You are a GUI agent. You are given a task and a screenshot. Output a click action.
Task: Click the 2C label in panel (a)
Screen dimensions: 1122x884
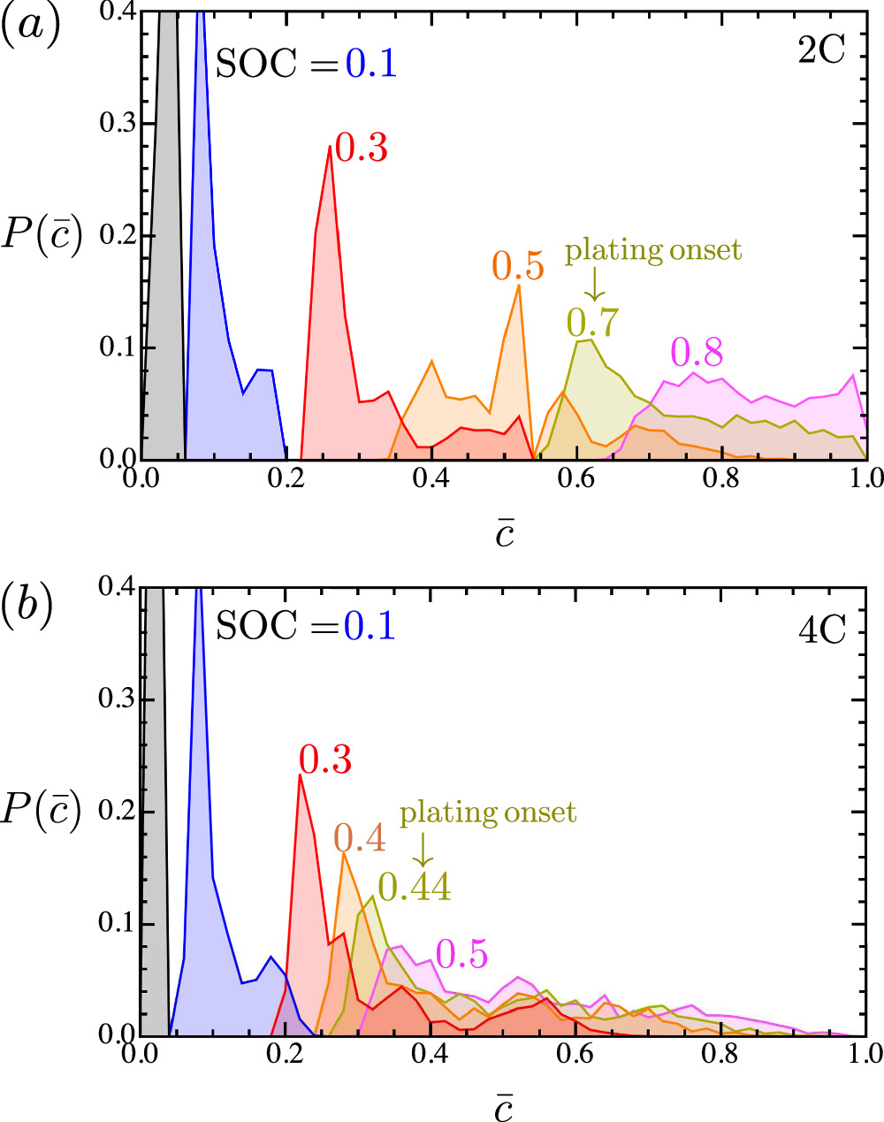[821, 51]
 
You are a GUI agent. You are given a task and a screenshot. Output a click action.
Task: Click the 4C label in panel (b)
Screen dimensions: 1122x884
[821, 630]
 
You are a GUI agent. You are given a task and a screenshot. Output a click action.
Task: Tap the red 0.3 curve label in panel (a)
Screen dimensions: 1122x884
[362, 149]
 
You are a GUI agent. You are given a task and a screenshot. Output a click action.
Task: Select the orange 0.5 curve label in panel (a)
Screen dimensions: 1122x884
[518, 266]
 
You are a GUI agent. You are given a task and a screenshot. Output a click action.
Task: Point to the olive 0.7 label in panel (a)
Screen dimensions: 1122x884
[593, 322]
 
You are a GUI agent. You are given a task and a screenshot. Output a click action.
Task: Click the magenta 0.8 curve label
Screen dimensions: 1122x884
[697, 353]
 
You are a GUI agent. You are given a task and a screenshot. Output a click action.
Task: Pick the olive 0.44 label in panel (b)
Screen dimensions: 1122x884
[415, 886]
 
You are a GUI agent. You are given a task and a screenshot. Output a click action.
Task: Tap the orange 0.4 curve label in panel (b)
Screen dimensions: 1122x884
[360, 838]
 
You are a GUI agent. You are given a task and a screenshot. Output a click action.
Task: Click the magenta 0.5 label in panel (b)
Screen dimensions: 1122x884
[461, 954]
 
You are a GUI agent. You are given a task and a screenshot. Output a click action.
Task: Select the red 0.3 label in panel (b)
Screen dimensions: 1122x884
[325, 759]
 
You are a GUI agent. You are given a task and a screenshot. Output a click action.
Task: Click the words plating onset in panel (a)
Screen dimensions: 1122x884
[653, 251]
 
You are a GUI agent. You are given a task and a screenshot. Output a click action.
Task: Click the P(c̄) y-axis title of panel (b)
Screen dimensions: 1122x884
[42, 811]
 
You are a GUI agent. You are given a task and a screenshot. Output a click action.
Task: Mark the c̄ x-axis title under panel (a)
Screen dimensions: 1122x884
[504, 533]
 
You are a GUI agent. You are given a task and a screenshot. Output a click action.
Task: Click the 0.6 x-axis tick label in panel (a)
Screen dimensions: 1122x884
[575, 478]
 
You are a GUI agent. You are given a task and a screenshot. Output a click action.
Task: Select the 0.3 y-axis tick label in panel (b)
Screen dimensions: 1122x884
[114, 700]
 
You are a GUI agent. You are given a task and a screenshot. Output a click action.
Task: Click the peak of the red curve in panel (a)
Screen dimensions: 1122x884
[330, 146]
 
